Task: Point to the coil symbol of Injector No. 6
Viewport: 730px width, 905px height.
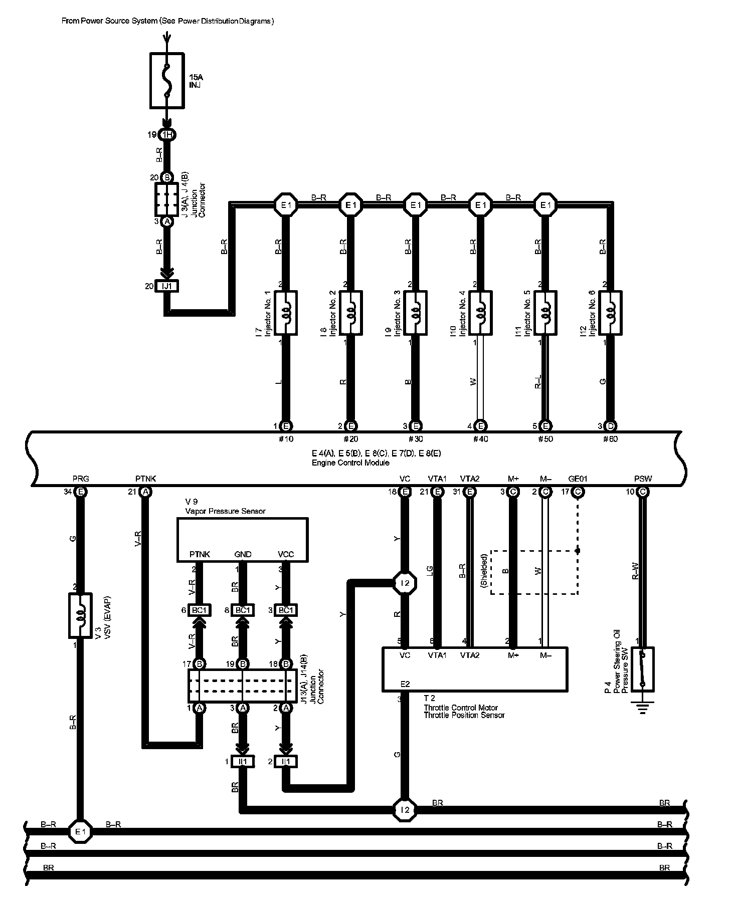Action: (610, 313)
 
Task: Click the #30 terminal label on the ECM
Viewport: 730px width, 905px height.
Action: (416, 439)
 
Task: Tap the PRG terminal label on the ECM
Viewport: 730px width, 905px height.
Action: (80, 479)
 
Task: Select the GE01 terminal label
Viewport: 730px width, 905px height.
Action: (578, 479)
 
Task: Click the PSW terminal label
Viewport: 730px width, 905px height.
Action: (643, 479)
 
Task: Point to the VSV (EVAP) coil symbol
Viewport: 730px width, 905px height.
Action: (80, 615)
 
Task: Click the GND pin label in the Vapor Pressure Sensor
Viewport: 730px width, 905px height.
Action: (243, 554)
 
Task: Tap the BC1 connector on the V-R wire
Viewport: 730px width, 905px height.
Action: (200, 610)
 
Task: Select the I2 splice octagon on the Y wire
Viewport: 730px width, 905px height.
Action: (405, 583)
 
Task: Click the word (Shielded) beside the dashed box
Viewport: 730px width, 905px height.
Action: (484, 571)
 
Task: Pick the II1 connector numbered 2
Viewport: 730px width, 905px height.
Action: (286, 762)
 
